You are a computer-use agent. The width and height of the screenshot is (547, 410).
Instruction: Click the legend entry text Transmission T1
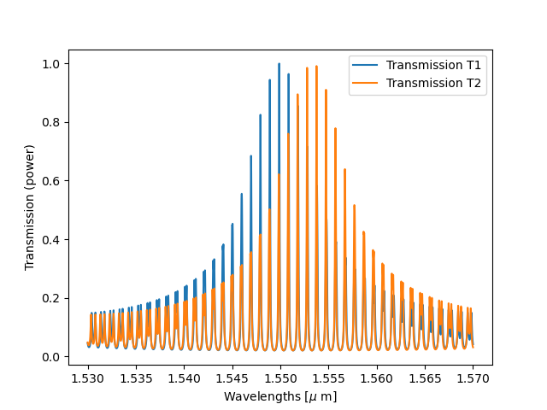coord(433,66)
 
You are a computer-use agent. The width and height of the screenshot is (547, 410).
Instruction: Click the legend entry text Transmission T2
coord(433,83)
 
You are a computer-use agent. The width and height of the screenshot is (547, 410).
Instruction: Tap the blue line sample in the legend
coord(368,66)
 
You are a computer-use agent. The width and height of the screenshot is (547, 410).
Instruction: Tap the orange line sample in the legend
coord(368,83)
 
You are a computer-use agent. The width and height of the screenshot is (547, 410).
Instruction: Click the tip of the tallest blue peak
coord(279,63)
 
